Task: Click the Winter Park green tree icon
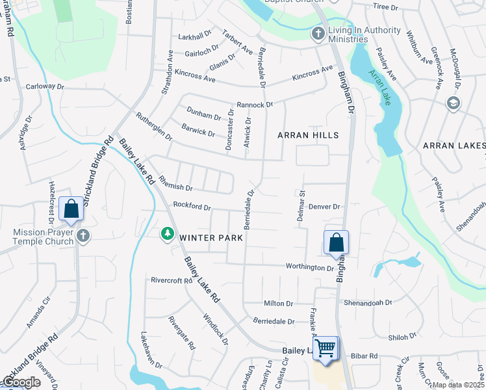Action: (168, 233)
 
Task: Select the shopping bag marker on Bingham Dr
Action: (337, 242)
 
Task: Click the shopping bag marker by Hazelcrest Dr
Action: (71, 209)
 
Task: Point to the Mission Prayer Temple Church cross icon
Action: (83, 236)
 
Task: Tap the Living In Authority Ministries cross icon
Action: (318, 34)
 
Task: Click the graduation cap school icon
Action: (453, 103)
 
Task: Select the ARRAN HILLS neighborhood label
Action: (308, 135)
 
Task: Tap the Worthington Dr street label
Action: (309, 267)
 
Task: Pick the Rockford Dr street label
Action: (192, 207)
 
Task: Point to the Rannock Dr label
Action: (255, 104)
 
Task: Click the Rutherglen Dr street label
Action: (154, 127)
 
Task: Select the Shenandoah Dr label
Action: (368, 302)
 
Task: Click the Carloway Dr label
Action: (45, 86)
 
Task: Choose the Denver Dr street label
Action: (324, 207)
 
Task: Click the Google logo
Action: (21, 382)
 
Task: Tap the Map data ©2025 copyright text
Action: (458, 385)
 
